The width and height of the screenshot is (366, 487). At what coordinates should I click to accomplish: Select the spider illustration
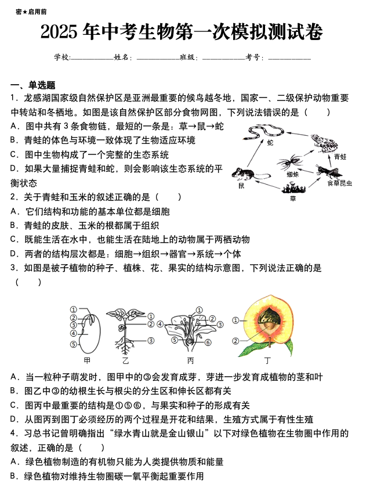point(292,162)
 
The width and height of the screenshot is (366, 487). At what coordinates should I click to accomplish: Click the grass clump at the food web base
point(292,187)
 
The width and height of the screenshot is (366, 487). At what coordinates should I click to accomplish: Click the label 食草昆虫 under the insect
point(339,183)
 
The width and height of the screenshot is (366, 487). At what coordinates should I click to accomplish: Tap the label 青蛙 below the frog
point(340,157)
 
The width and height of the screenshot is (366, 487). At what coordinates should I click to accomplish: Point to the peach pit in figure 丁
point(267,320)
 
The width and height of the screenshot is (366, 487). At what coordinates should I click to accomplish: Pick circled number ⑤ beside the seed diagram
point(73,344)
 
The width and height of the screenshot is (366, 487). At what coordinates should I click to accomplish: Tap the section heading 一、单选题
point(33,85)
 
